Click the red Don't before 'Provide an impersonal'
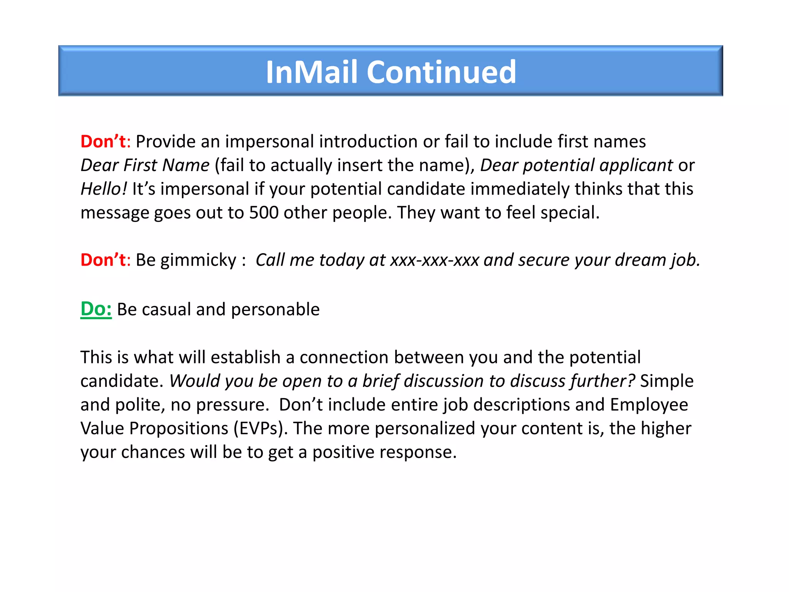[x=103, y=141]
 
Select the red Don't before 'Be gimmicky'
[x=103, y=260]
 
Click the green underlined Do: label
[x=96, y=309]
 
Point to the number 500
[x=264, y=212]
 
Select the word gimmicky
[x=198, y=261]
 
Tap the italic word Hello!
[x=103, y=189]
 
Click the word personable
[x=275, y=309]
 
